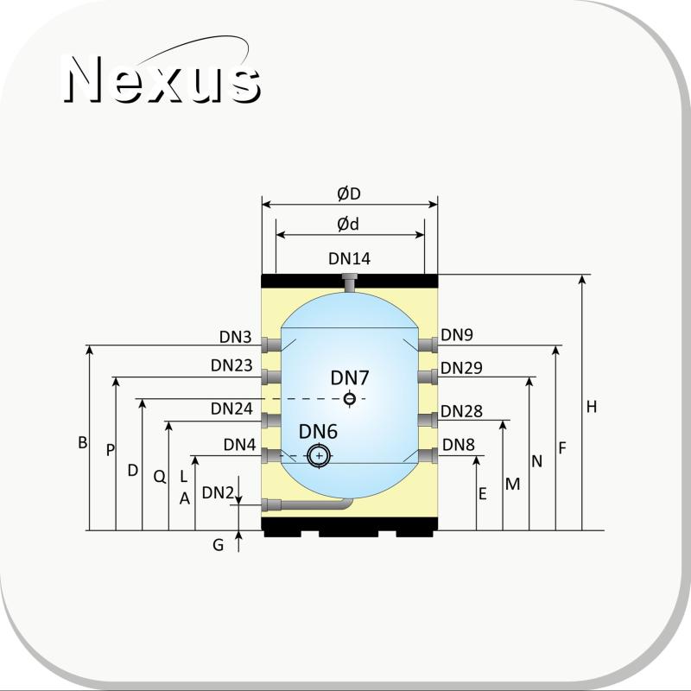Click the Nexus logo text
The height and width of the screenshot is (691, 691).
click(162, 79)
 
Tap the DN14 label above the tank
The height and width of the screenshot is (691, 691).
click(350, 258)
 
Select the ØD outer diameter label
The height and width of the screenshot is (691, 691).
click(349, 193)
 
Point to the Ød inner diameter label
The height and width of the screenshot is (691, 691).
click(348, 225)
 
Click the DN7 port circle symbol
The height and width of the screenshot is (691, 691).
click(350, 399)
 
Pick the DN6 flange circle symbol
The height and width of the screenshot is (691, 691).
click(319, 456)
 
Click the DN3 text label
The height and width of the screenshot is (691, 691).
click(235, 337)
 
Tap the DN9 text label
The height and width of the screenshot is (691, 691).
click(457, 335)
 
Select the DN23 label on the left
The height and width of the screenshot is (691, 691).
click(231, 365)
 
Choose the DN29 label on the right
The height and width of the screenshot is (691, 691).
click(461, 368)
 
